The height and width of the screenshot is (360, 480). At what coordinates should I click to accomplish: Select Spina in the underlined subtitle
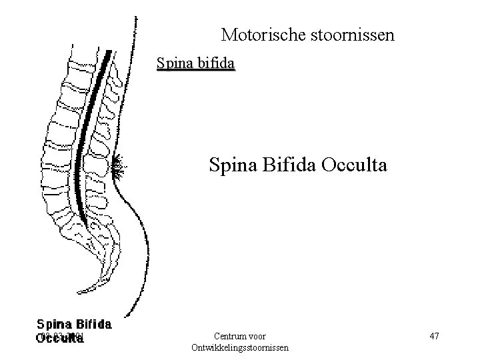pyautogui.click(x=172, y=64)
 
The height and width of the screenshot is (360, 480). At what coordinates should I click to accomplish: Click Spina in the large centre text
pyautogui.click(x=231, y=164)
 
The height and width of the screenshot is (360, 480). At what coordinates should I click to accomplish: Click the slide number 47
pyautogui.click(x=433, y=336)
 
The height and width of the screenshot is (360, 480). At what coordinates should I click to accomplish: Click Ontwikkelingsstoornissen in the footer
pyautogui.click(x=240, y=347)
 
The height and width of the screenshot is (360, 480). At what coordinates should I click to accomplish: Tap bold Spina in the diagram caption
pyautogui.click(x=55, y=325)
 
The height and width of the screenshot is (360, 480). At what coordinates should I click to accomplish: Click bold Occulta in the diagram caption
pyautogui.click(x=60, y=337)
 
